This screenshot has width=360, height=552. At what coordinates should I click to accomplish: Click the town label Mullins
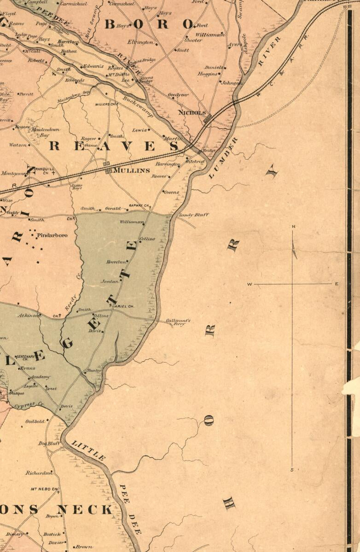[132, 170]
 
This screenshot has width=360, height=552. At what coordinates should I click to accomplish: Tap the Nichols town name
[193, 112]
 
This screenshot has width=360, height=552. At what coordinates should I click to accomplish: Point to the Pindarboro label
[52, 235]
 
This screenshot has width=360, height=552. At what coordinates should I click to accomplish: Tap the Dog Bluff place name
[49, 443]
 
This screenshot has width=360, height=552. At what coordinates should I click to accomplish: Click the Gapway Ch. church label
[139, 205]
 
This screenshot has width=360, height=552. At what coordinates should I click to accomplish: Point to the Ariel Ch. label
[123, 306]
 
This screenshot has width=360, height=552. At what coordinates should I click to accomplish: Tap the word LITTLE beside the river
[89, 450]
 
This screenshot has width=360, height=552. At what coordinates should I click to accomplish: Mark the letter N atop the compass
[293, 226]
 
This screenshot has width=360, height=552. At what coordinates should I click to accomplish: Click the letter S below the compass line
[292, 470]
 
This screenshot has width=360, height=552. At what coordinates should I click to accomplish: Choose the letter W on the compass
[250, 284]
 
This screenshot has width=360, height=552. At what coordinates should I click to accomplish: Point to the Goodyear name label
[178, 95]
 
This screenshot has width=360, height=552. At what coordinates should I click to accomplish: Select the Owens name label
[172, 192]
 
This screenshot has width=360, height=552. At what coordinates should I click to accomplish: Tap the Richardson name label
[39, 472]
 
